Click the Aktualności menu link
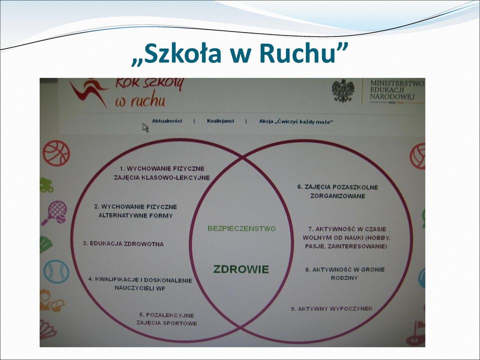pyautogui.click(x=167, y=121)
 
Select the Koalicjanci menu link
pyautogui.click(x=220, y=121)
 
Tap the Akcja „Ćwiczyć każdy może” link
pyautogui.click(x=296, y=121)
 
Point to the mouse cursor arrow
pyautogui.click(x=145, y=127)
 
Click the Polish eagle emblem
pyautogui.click(x=343, y=91)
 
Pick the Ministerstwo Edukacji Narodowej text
pyautogui.click(x=396, y=89)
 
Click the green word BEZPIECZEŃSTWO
pyautogui.click(x=241, y=228)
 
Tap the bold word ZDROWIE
pyautogui.click(x=241, y=269)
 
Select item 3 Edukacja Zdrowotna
pyautogui.click(x=123, y=243)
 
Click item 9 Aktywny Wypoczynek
pyautogui.click(x=331, y=308)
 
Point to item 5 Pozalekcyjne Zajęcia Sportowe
pyautogui.click(x=166, y=319)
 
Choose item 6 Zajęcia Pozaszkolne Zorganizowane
pyautogui.click(x=337, y=191)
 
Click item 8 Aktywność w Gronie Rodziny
pyautogui.click(x=344, y=273)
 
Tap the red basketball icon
pyautogui.click(x=56, y=153)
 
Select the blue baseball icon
pyautogui.click(x=56, y=271)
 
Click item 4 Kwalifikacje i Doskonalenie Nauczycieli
pyautogui.click(x=140, y=284)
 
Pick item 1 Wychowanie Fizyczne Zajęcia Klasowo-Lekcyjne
pyautogui.click(x=162, y=173)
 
